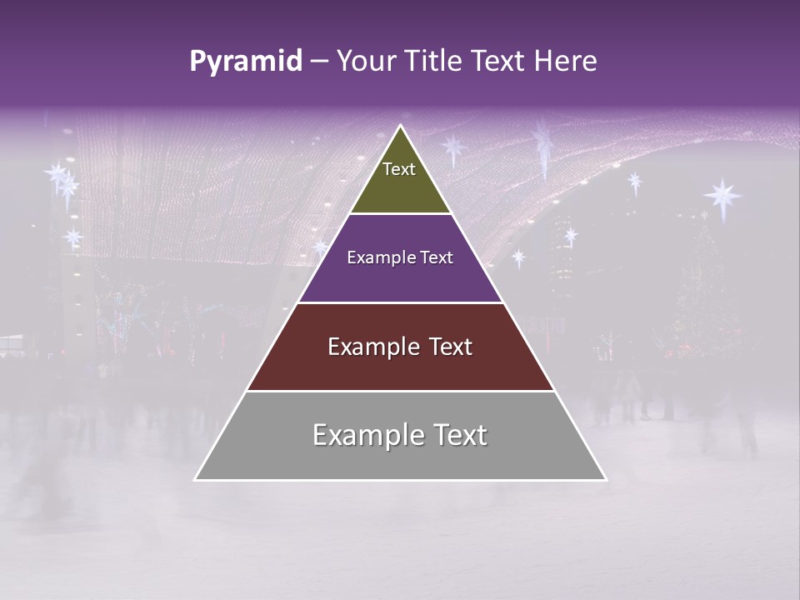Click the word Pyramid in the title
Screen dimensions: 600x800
[x=245, y=62]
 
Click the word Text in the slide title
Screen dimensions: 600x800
[x=498, y=61]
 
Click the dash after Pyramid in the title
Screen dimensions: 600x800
[x=319, y=62]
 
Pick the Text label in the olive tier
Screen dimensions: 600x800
[x=399, y=169]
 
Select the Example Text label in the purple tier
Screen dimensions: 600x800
[x=400, y=257]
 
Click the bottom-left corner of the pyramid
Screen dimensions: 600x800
[x=195, y=480]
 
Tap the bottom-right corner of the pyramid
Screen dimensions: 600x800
[x=606, y=480]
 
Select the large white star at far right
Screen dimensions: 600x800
[x=722, y=197]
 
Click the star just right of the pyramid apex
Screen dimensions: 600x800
[x=453, y=148]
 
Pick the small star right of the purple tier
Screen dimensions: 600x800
[x=518, y=257]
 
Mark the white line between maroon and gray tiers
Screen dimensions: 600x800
[x=400, y=391]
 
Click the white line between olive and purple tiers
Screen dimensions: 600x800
[x=400, y=214]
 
